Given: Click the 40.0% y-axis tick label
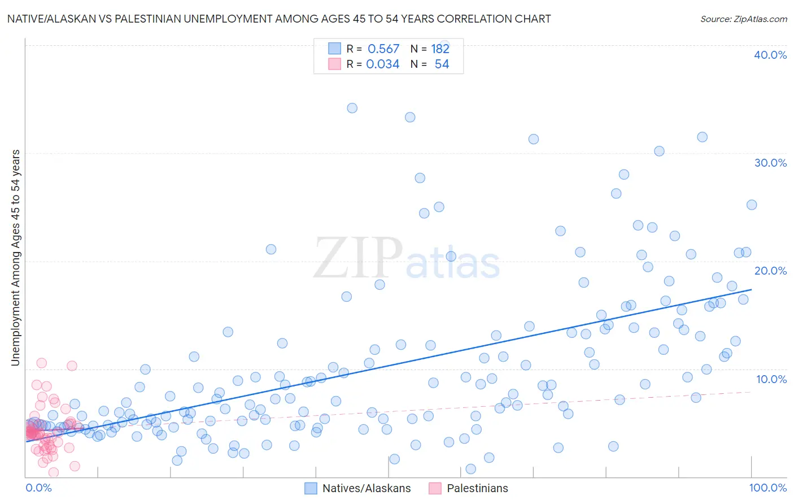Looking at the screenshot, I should tap(770, 55).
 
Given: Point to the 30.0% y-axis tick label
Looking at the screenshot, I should tap(770, 163).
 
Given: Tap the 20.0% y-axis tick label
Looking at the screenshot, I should tap(770, 271).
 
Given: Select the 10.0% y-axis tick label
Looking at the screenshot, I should tap(771, 379).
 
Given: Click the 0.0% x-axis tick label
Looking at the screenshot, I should tap(38, 488).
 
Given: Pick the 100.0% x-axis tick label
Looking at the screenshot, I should tap(767, 488).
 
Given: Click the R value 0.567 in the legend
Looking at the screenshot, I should tap(383, 49).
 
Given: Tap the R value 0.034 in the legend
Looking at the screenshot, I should tap(383, 64).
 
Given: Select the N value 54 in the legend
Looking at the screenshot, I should tap(442, 64).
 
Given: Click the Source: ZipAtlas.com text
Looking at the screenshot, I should tap(743, 19).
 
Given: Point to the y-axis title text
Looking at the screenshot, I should tap(15, 258).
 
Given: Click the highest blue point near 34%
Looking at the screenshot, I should tap(352, 108).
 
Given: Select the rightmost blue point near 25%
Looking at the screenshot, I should tap(751, 205).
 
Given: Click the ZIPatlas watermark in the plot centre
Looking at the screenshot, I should tap(407, 259).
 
